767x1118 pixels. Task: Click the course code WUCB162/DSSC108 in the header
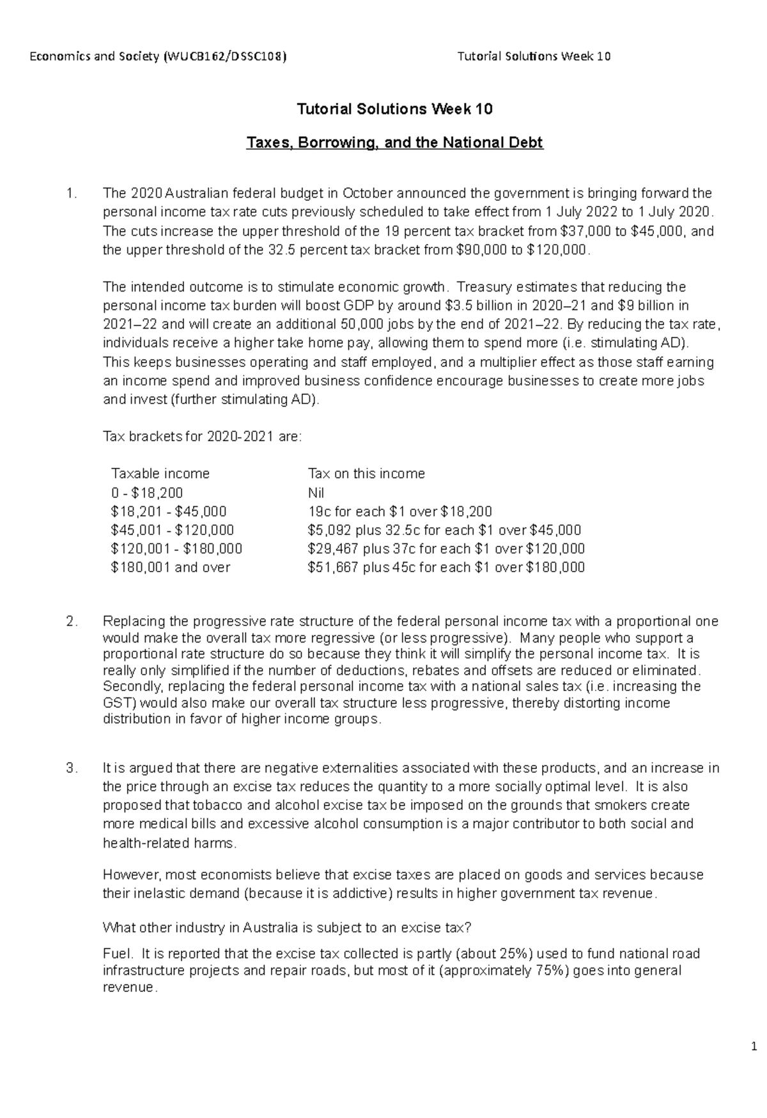click(225, 56)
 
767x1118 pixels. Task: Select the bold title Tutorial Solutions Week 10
click(394, 109)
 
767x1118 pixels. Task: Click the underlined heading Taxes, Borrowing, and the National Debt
click(394, 143)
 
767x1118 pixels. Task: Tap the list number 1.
click(72, 194)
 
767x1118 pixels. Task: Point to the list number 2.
click(72, 621)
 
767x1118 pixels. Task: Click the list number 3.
click(72, 768)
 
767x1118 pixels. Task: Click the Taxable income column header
click(160, 474)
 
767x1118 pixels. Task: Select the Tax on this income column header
click(366, 474)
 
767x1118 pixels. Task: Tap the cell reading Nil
click(316, 493)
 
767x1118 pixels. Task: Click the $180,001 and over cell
click(170, 568)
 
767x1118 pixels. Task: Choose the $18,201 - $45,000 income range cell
click(168, 512)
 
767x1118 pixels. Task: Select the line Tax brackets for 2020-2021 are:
click(201, 437)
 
